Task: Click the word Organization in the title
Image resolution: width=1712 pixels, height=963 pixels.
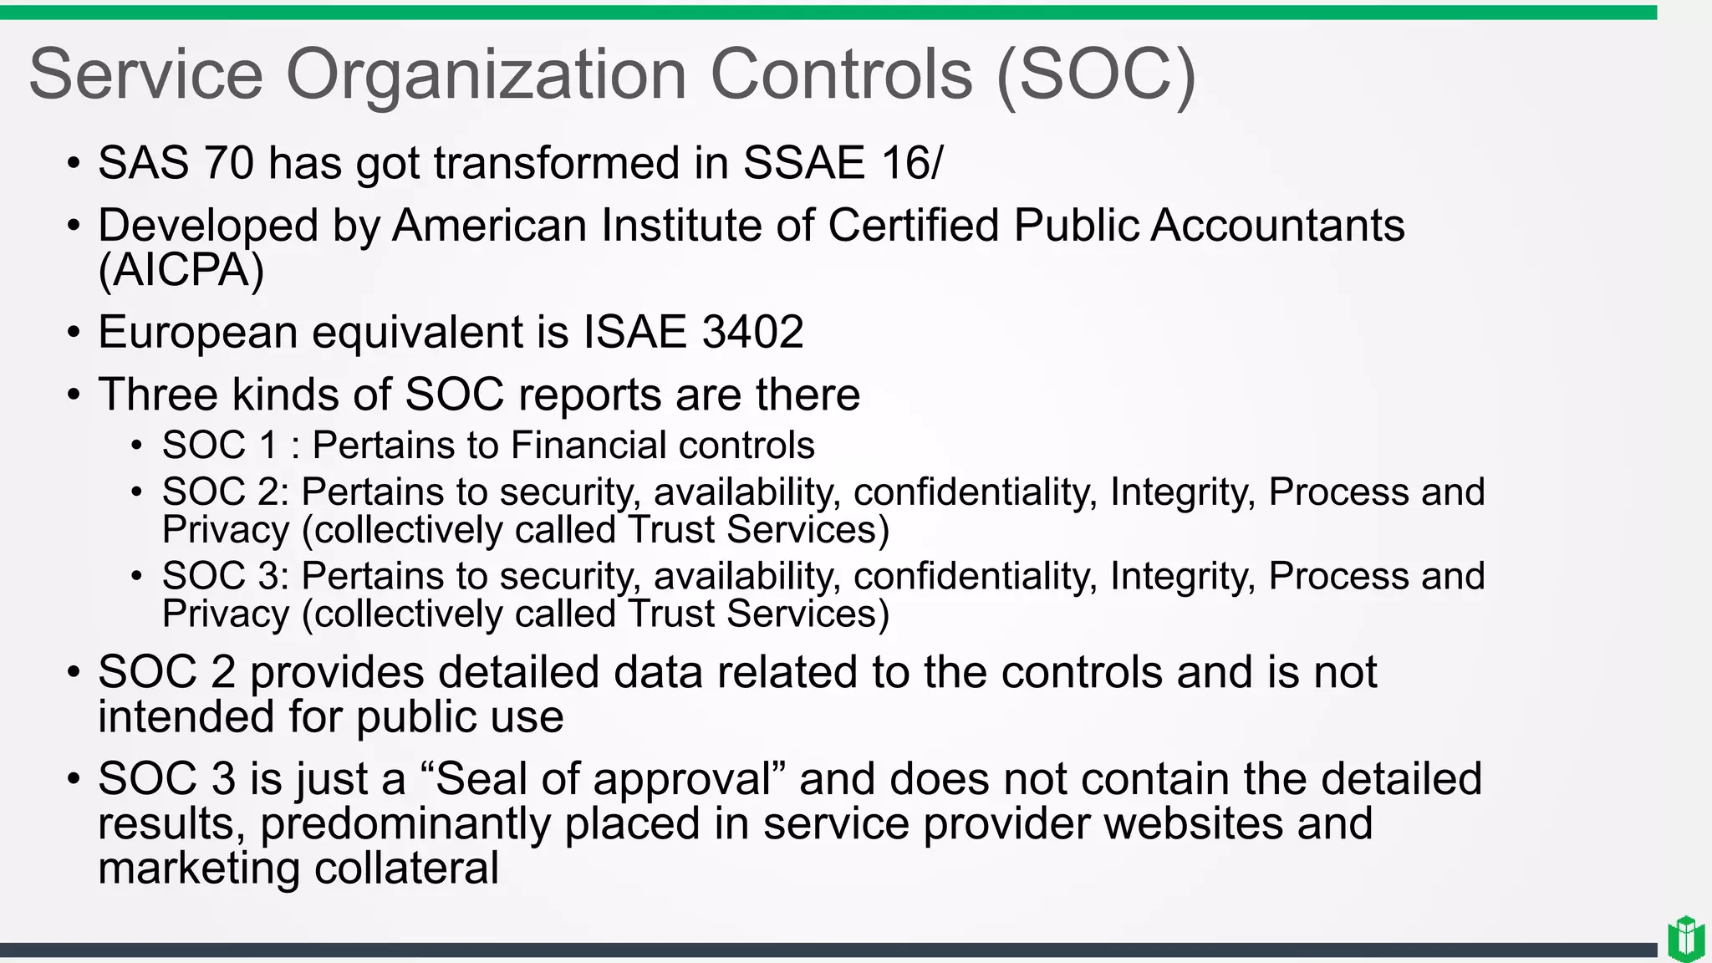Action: (486, 75)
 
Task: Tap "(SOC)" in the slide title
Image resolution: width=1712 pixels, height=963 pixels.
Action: (1097, 75)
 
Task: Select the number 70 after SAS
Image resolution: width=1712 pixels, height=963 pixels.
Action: (228, 162)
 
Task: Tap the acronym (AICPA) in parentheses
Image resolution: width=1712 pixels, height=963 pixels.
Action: (181, 270)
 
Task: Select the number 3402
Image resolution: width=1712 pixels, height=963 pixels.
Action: (752, 332)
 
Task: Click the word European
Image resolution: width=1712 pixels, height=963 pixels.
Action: (197, 332)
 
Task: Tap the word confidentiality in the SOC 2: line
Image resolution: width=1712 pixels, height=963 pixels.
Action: (975, 492)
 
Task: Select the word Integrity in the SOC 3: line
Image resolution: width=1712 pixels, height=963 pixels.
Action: (1182, 576)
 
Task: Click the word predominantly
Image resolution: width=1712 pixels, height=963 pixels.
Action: (405, 824)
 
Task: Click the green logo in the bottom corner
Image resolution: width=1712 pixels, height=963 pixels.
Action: (1686, 940)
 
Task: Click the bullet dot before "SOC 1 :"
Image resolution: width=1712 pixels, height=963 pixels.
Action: (136, 446)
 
